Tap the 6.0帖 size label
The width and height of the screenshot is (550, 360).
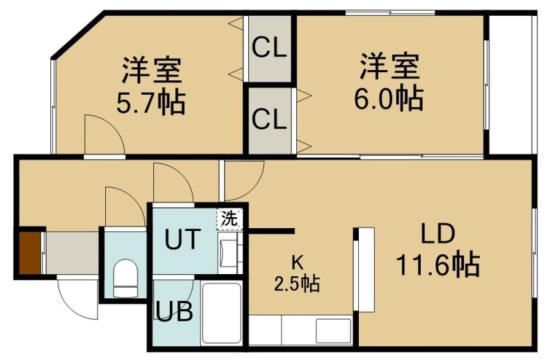(389, 98)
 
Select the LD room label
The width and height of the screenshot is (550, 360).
(438, 234)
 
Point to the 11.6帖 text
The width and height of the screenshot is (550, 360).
(438, 265)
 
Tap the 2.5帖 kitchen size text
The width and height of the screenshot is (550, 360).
(297, 284)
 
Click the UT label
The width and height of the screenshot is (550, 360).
(183, 238)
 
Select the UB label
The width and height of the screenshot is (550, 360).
(175, 311)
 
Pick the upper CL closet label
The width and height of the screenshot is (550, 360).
(269, 48)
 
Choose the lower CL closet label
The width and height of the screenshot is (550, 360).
(269, 119)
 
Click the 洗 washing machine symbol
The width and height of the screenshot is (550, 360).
(230, 219)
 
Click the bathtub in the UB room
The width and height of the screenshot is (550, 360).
(221, 313)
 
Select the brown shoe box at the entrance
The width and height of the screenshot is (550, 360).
(30, 253)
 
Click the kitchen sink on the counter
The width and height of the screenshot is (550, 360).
(333, 330)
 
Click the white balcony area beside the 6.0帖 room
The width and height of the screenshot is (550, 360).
(510, 84)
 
